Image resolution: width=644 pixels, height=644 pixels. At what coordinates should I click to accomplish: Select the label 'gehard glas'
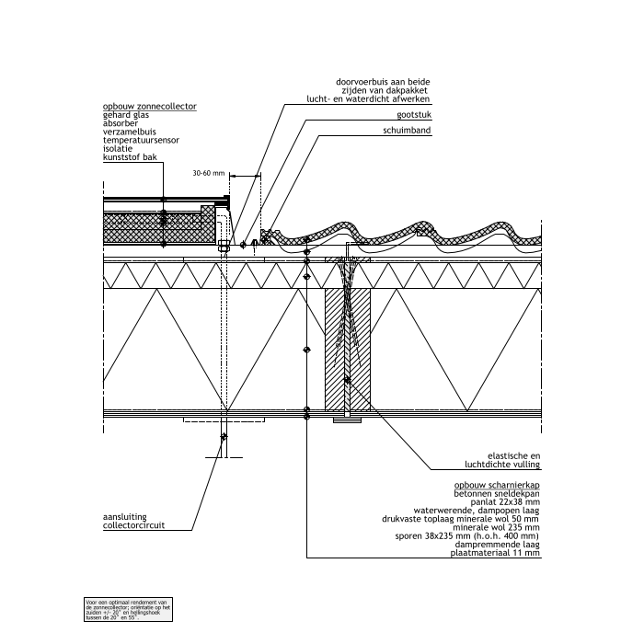[x=126, y=116]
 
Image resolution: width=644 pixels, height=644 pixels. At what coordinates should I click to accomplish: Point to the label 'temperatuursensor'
[x=141, y=141]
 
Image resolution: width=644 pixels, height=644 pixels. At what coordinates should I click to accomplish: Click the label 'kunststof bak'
[x=131, y=157]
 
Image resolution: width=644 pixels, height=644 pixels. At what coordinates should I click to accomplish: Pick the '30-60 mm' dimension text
[x=209, y=173]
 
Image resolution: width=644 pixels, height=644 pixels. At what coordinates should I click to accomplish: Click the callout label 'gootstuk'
[x=414, y=115]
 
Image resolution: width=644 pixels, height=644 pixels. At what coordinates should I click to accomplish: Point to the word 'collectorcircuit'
[x=135, y=527]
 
